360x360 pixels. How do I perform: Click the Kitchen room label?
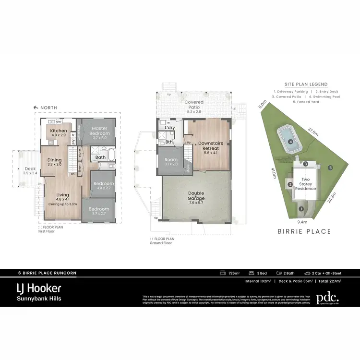point(59,131)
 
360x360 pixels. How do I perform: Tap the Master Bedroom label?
point(100,131)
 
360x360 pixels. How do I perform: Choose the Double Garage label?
point(196,195)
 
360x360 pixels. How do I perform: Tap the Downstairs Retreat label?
point(208,145)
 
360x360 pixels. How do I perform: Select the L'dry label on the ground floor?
point(169,128)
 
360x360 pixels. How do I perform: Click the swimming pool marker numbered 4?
point(290,142)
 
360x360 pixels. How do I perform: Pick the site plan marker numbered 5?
point(330,168)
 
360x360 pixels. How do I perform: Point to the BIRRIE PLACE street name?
point(304,231)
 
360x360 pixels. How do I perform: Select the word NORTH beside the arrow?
point(50,108)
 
